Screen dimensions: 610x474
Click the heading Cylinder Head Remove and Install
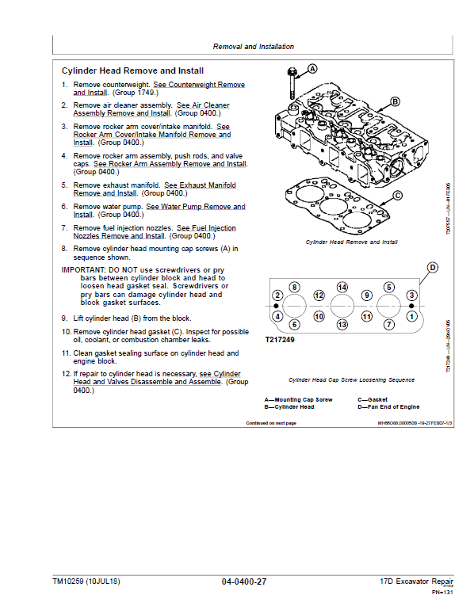click(x=132, y=71)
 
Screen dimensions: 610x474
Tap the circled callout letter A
click(x=312, y=69)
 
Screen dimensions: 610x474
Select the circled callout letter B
click(x=395, y=102)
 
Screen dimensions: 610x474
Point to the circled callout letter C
click(x=397, y=195)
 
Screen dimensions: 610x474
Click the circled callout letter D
click(x=432, y=268)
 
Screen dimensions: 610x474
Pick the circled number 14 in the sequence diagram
click(x=342, y=287)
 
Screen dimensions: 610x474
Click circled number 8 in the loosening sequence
click(x=294, y=287)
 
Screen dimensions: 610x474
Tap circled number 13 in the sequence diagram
click(x=342, y=325)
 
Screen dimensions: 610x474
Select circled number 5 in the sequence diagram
click(x=390, y=287)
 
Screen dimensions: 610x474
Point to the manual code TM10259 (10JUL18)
click(x=88, y=582)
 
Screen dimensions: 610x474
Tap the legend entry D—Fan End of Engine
click(x=388, y=406)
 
